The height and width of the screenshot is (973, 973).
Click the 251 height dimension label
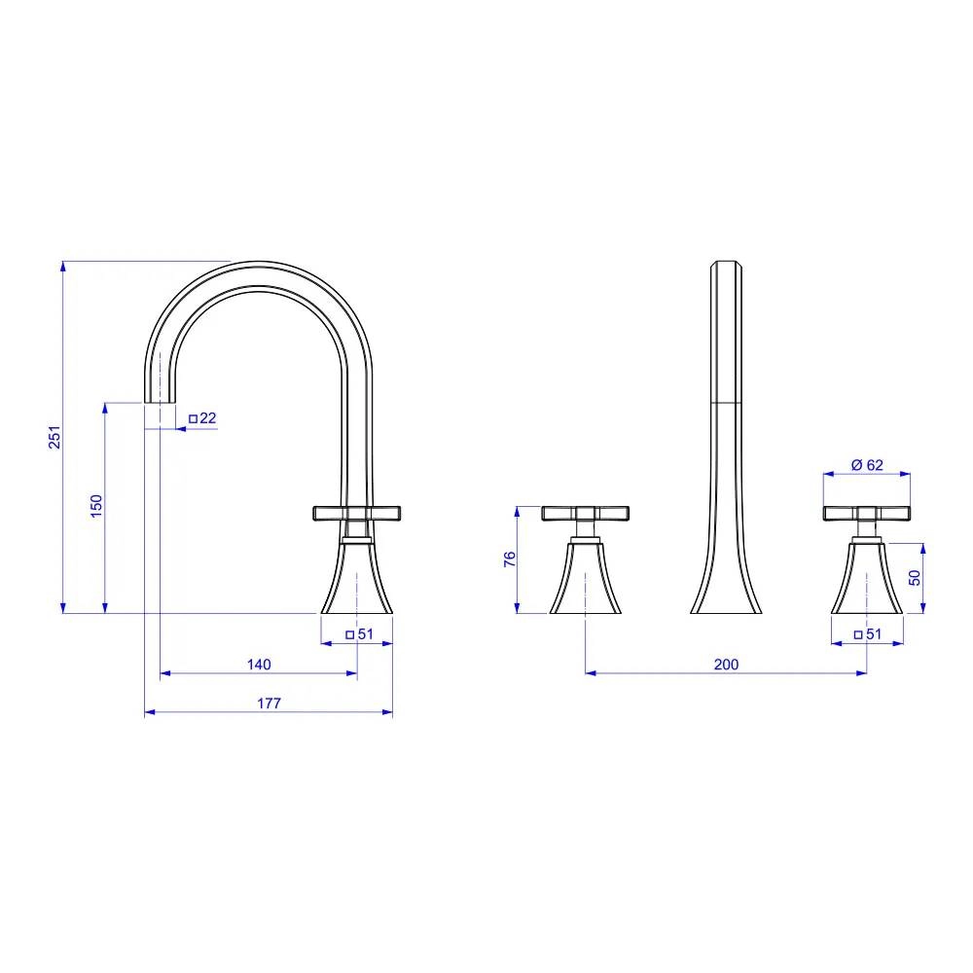coord(55,437)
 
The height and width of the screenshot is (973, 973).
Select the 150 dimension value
coord(96,506)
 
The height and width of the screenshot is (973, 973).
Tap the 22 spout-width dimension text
coord(208,418)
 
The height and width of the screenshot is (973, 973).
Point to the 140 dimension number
coord(259,665)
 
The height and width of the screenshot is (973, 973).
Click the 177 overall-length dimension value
coord(269,703)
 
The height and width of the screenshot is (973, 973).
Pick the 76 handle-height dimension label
coord(510,559)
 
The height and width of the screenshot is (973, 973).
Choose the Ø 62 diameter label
coord(867,465)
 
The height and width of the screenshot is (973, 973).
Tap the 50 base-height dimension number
coord(915,578)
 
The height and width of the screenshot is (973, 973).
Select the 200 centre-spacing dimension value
coord(726,665)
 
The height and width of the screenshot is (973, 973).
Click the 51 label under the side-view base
coord(366,634)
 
